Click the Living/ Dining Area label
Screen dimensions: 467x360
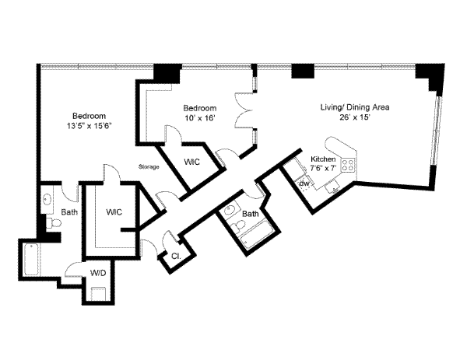click(356, 107)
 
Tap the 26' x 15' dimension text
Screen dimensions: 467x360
click(354, 118)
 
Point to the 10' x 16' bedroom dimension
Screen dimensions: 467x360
click(198, 118)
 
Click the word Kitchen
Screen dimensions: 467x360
click(323, 158)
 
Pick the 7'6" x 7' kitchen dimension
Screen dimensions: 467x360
click(323, 167)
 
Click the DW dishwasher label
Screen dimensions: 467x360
click(304, 183)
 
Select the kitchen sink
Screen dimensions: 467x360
click(333, 185)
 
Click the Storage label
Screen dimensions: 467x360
click(149, 167)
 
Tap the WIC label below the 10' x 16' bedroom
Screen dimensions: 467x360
click(193, 163)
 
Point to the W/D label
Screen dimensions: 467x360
click(98, 273)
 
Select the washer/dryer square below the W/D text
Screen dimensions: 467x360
click(99, 294)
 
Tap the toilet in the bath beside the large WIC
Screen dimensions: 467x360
click(52, 225)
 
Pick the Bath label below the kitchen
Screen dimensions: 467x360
click(250, 213)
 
